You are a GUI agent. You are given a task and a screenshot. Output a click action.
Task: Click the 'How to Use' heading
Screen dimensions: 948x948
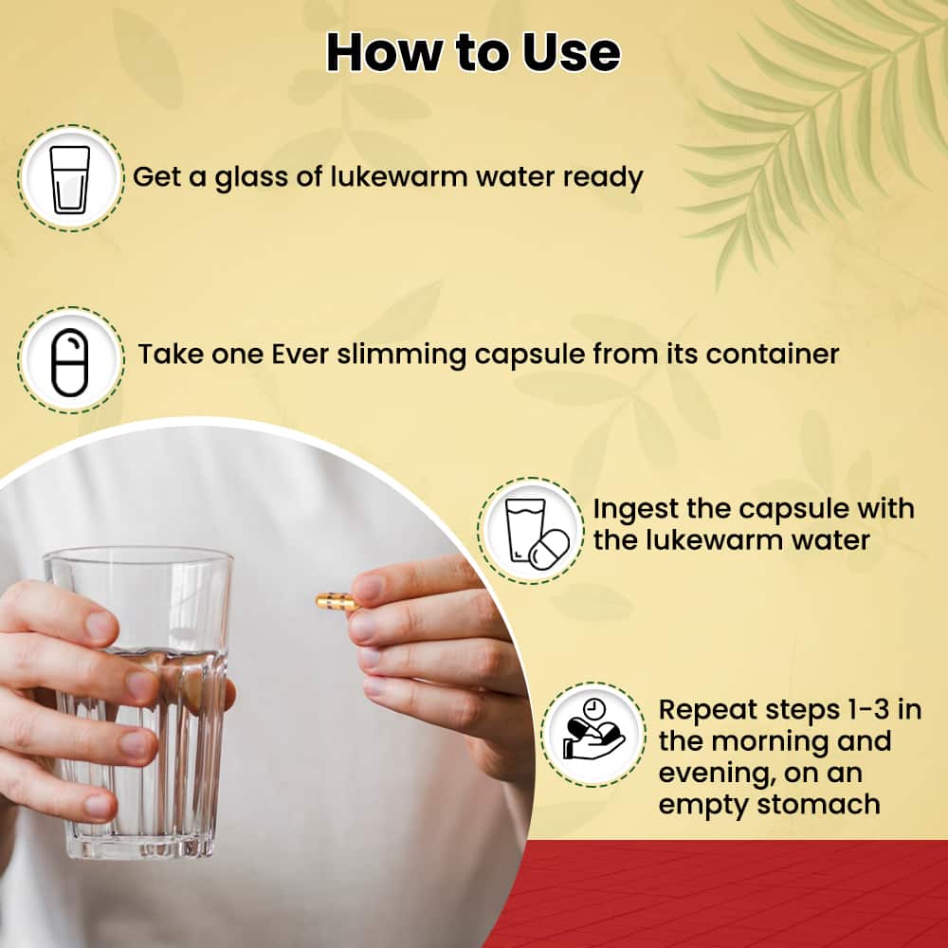(473, 53)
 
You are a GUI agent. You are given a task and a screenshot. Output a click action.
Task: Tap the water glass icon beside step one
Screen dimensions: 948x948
(70, 178)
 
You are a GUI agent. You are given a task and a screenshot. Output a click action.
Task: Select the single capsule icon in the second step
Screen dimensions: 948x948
(70, 361)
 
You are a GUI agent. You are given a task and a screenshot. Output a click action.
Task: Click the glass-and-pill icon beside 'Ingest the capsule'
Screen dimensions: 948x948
(530, 528)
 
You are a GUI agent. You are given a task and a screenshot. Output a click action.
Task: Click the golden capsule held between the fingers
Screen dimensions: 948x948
(336, 601)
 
